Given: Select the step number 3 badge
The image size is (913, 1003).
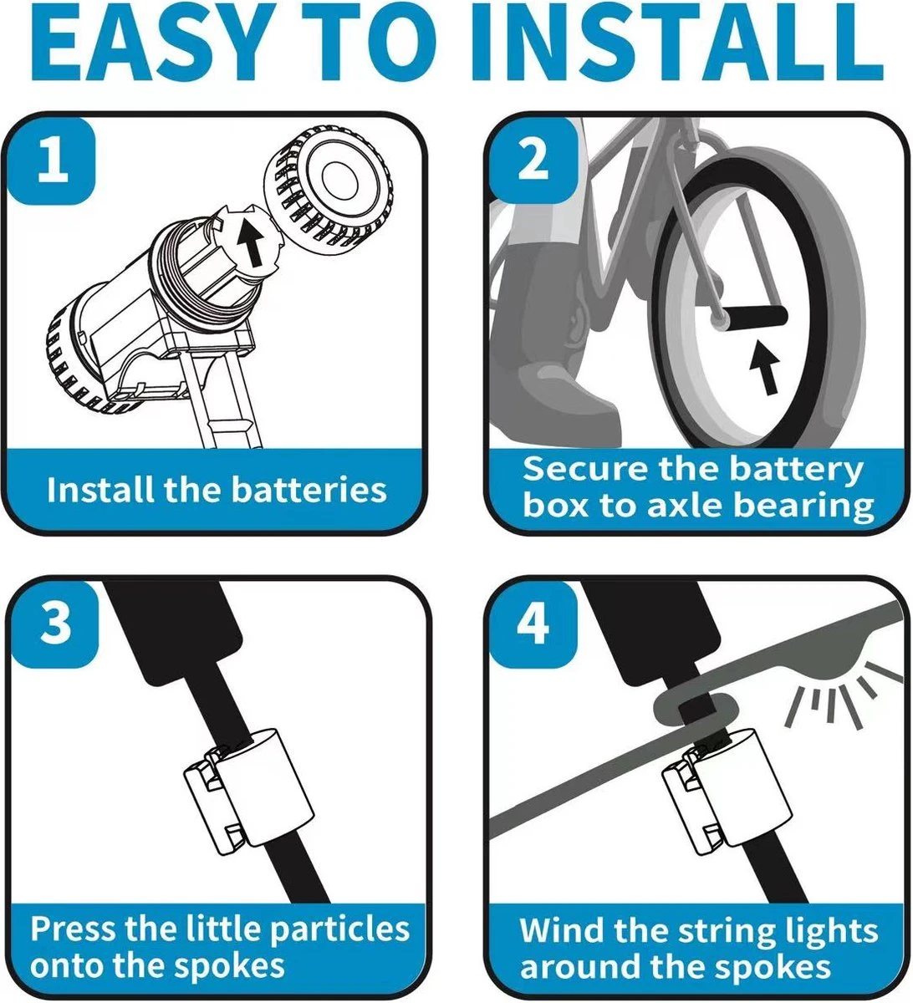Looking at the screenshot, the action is pyautogui.click(x=55, y=624).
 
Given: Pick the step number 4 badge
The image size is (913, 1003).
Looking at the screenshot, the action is pyautogui.click(x=533, y=624).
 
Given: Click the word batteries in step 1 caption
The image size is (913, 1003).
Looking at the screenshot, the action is pyautogui.click(x=309, y=490).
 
